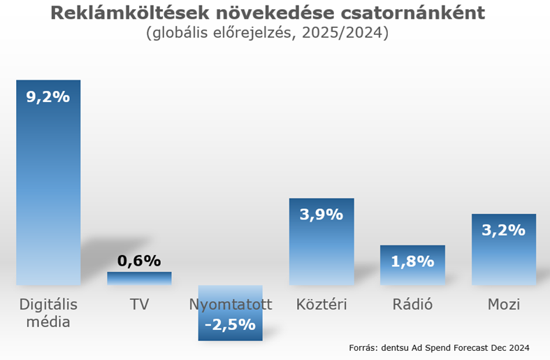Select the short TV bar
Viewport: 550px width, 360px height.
[x=139, y=278]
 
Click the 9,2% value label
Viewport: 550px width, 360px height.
[x=48, y=97]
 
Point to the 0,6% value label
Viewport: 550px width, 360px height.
[x=139, y=261]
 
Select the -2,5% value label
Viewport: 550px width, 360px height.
[x=230, y=325]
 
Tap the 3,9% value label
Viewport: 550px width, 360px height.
[x=321, y=215]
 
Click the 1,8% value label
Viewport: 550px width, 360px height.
[x=412, y=262]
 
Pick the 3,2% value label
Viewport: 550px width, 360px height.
[x=503, y=230]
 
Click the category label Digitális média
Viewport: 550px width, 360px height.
[x=48, y=312]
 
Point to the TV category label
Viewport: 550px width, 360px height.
[x=139, y=305]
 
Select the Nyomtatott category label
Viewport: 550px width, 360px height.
[x=230, y=305]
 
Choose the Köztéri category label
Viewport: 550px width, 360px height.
[x=321, y=305]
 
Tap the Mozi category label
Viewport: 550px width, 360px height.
[x=503, y=305]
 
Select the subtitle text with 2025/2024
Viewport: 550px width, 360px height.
[x=267, y=34]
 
